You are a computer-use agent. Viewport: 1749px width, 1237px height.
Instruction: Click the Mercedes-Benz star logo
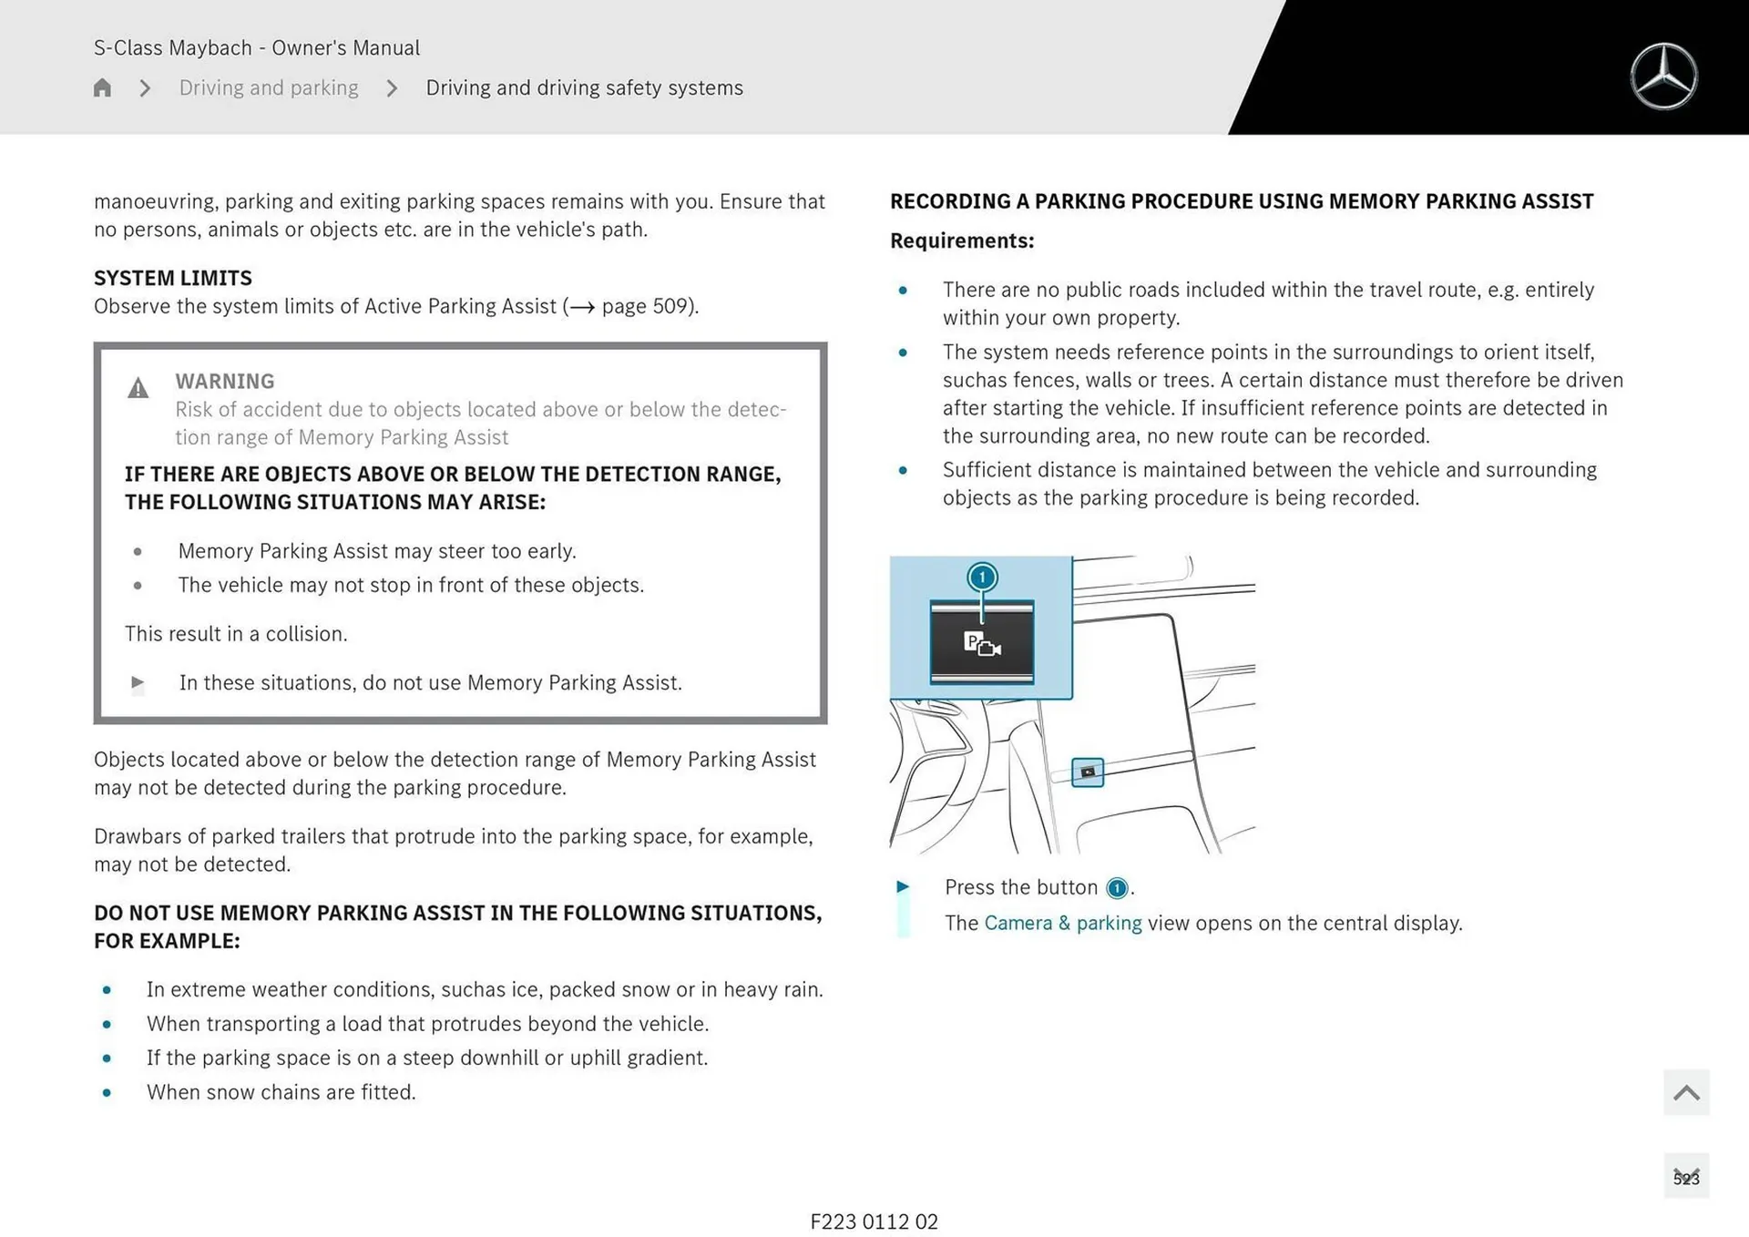pos(1663,77)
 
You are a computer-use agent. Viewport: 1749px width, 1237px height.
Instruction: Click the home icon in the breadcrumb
pos(102,87)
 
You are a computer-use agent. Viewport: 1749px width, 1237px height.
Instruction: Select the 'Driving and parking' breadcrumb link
pos(269,87)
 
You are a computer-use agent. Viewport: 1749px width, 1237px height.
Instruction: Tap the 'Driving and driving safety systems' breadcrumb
pos(584,87)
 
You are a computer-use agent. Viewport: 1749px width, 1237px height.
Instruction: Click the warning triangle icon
pos(138,389)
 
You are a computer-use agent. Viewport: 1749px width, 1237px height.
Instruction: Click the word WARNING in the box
pos(224,381)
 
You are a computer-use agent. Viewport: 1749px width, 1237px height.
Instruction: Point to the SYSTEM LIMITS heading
pos(173,278)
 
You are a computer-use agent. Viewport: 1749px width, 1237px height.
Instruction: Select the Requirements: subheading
pos(962,240)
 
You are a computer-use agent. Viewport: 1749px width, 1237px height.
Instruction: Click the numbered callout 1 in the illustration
pos(982,577)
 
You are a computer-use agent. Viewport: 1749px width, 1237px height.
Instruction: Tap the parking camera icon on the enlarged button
pos(982,644)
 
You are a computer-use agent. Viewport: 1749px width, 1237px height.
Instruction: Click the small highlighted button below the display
pos(1088,772)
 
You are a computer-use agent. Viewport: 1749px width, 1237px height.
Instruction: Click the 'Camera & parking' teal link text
pos(1063,923)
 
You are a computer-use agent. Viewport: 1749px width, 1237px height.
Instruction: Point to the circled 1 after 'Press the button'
pos(1117,888)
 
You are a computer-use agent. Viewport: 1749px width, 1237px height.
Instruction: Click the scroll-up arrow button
pos(1686,1092)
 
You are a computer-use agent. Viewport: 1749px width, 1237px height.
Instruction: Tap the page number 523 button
pos(1686,1177)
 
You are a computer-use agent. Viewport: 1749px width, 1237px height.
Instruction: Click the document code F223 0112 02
pos(874,1222)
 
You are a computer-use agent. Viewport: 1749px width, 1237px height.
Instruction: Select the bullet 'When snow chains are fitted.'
pos(281,1091)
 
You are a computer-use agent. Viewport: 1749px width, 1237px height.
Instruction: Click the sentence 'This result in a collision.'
pos(236,633)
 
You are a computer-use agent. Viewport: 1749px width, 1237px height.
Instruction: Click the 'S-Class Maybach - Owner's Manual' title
pos(257,47)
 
